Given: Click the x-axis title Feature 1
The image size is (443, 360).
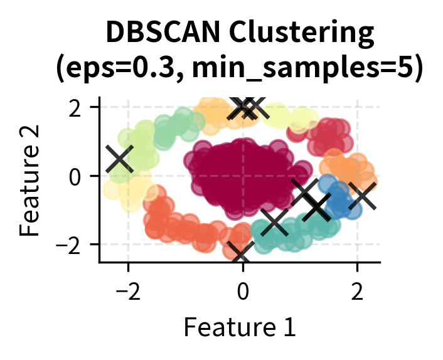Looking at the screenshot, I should click(239, 326).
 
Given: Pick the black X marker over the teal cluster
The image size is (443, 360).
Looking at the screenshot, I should click(274, 221).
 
